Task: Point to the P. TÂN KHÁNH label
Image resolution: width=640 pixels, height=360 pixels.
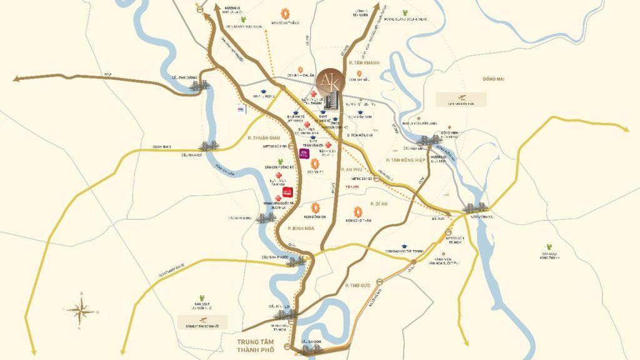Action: pyautogui.click(x=365, y=62)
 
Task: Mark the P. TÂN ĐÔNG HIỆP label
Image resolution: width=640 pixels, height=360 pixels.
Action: pyautogui.click(x=409, y=161)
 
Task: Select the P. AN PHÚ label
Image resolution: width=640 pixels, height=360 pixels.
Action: pyautogui.click(x=352, y=169)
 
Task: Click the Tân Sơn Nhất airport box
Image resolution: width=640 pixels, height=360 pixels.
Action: pyautogui.click(x=202, y=322)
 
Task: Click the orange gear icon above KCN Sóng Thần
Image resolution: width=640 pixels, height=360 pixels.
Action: pyautogui.click(x=358, y=212)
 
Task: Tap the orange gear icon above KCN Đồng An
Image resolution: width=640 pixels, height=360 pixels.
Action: pyautogui.click(x=316, y=207)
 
